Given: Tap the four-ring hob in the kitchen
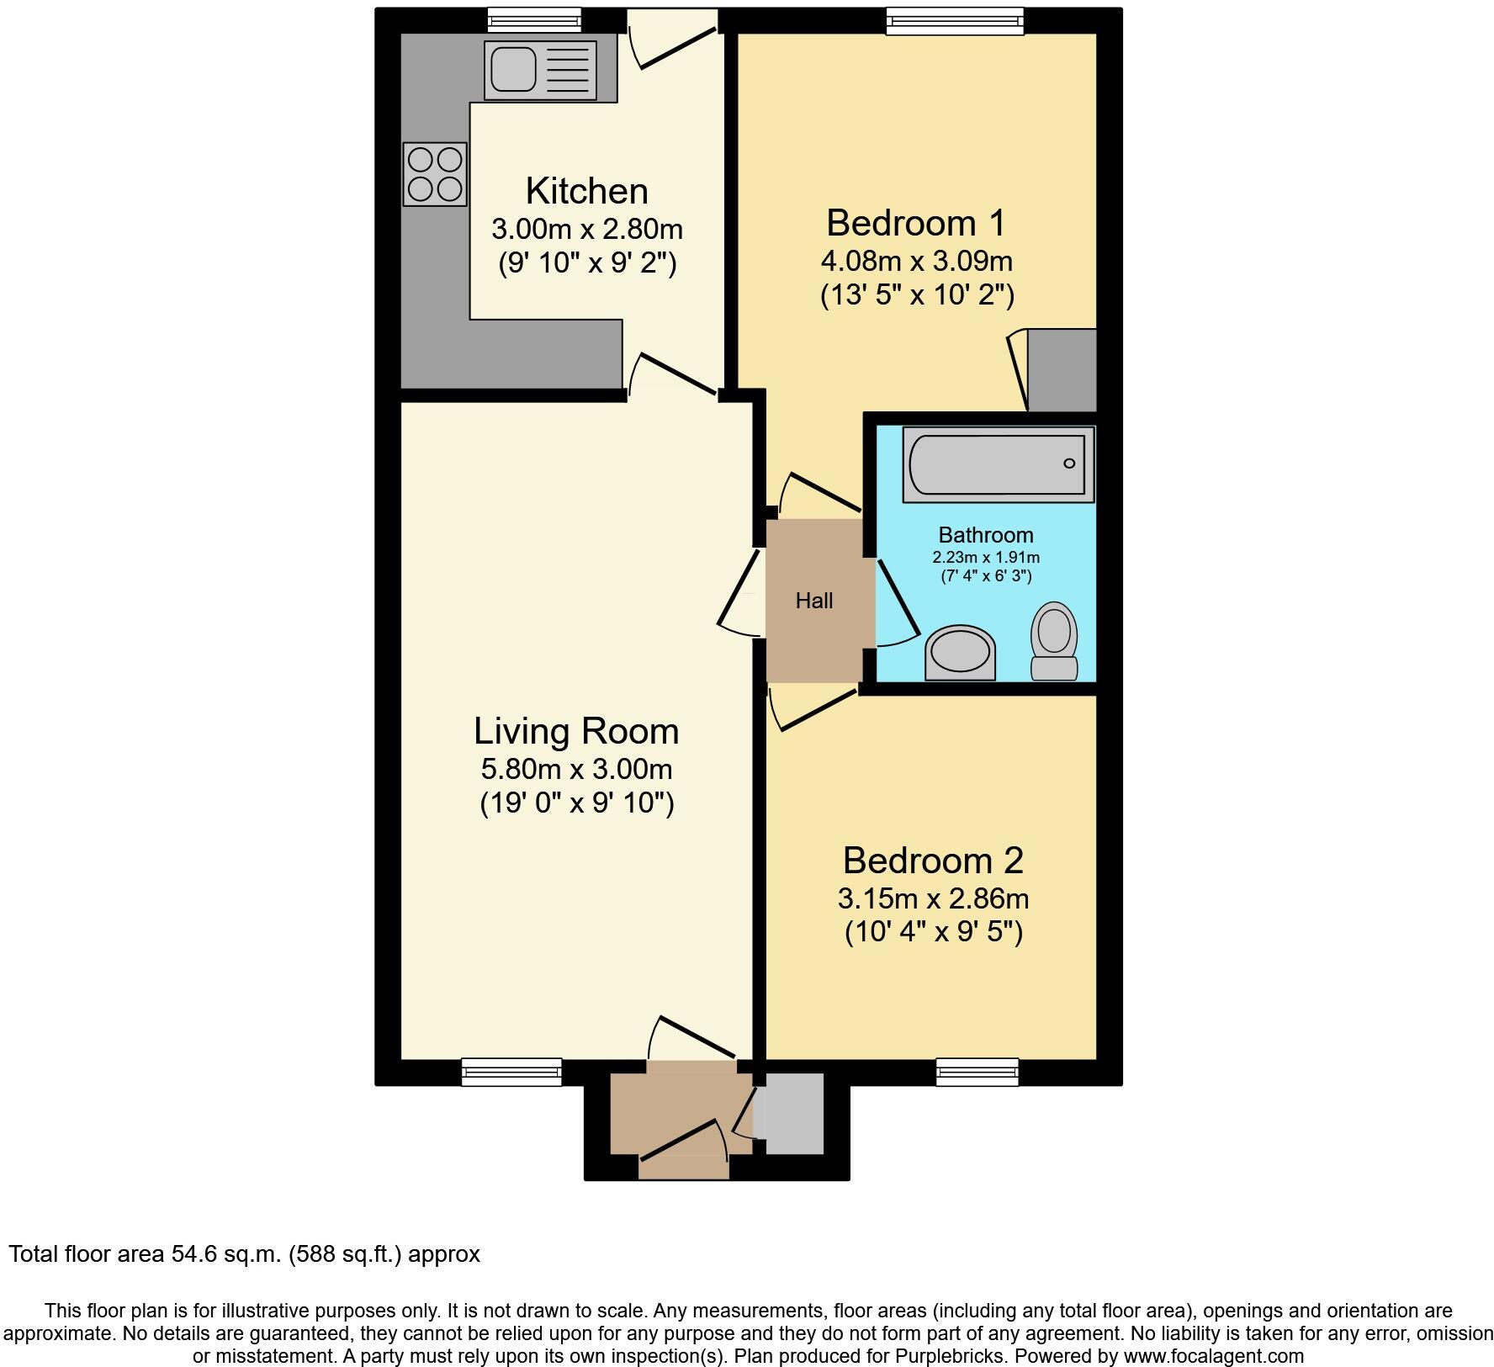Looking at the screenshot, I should click(435, 174).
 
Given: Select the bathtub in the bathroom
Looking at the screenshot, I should click(998, 464).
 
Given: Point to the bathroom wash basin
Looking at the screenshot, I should click(960, 653).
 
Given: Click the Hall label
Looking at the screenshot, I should click(814, 601).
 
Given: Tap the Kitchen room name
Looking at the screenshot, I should click(587, 191).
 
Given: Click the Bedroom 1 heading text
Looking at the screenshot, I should click(916, 223).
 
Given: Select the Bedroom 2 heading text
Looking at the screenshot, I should click(933, 861).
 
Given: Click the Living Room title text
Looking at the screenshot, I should click(576, 731).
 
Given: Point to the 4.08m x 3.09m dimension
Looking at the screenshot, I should click(916, 261).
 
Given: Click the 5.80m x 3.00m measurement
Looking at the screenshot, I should click(576, 769).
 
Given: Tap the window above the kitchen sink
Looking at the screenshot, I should click(534, 19).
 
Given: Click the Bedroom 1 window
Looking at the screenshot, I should click(956, 21).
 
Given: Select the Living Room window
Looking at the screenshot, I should click(511, 1071).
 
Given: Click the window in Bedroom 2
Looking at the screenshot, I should click(977, 1071).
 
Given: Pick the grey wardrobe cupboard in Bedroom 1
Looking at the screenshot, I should click(1062, 370).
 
